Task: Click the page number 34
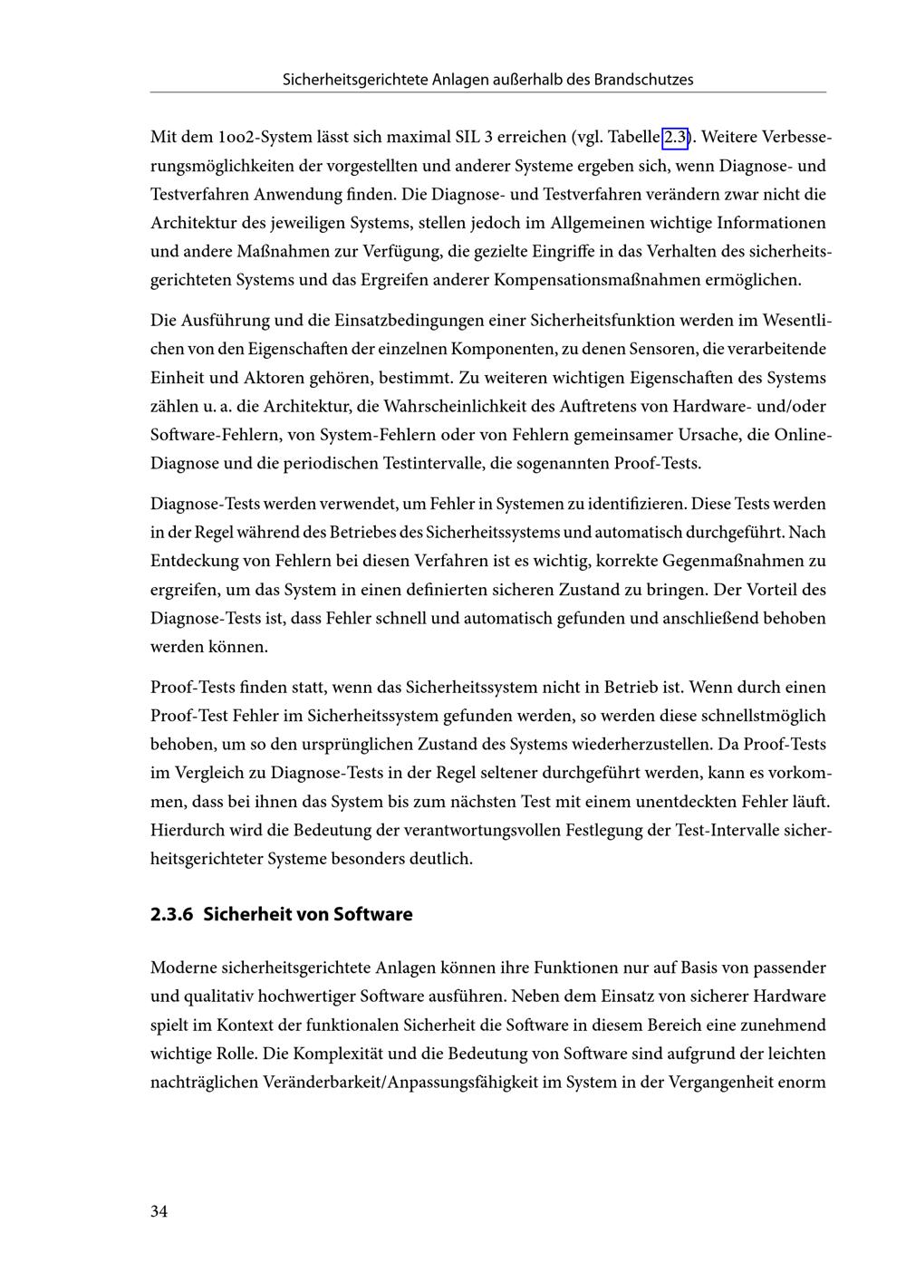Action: click(159, 1212)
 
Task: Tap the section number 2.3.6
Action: click(172, 914)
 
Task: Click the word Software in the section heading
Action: click(372, 914)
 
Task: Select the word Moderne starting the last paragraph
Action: click(183, 968)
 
